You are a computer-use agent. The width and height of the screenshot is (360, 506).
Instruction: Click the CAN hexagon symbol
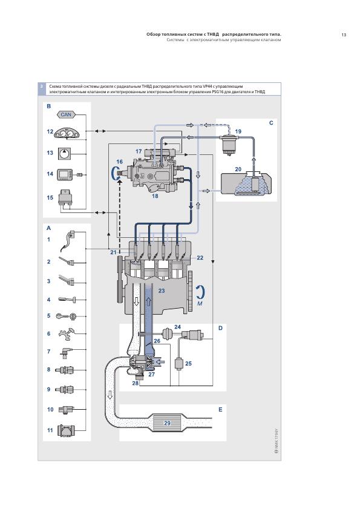coord(66,114)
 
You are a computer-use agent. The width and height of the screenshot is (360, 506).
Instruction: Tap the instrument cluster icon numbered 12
coord(67,133)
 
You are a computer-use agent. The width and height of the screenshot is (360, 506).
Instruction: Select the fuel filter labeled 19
coord(228,144)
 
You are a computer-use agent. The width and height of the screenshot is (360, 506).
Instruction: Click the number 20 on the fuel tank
coord(238,169)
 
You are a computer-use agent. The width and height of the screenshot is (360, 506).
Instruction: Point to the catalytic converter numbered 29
coord(168,422)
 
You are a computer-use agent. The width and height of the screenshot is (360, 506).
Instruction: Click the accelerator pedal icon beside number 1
coord(68,241)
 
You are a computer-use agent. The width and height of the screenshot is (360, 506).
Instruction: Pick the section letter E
coord(220,410)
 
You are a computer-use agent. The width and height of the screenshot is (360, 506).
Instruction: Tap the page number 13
coord(344,34)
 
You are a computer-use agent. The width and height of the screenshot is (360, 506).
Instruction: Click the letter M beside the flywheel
coord(200,303)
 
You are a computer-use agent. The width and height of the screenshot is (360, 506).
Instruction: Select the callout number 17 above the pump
coord(139,151)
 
